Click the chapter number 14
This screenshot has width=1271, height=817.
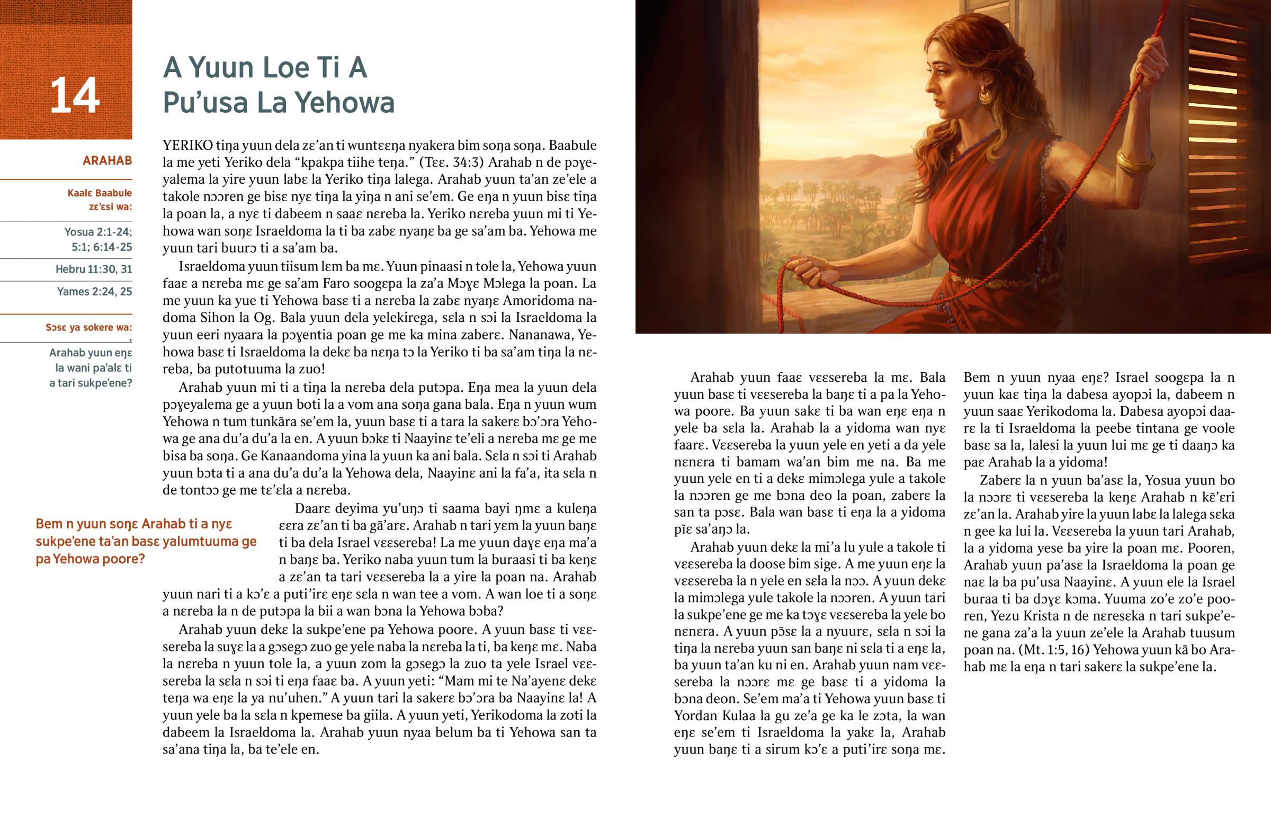[75, 95]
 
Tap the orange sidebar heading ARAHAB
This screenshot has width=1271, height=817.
[107, 160]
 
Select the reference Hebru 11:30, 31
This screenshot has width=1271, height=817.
[94, 269]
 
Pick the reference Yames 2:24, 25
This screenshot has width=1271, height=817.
[94, 291]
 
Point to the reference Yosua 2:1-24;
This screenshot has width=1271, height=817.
[98, 232]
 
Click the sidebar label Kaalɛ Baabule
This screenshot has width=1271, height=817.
[99, 193]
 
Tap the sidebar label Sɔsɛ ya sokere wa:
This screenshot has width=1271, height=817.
[88, 327]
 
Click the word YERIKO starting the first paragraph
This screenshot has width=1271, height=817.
[188, 146]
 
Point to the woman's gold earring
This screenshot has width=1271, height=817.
[984, 95]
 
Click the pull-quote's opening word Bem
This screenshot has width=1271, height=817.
[49, 524]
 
